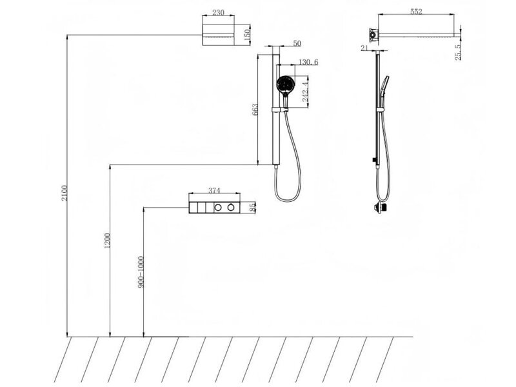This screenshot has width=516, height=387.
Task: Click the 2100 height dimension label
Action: point(64,193)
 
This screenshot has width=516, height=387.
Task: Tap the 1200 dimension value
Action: point(107,241)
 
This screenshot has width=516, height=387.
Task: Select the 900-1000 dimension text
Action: point(141,272)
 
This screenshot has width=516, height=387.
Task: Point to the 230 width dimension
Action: point(218,12)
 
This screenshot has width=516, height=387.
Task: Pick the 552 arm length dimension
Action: point(416,12)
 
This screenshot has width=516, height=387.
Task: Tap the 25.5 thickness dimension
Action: point(458,53)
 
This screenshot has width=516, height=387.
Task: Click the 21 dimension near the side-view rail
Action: point(364,48)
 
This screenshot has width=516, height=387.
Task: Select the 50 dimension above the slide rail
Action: point(297,43)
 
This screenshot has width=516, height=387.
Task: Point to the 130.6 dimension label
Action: point(308,62)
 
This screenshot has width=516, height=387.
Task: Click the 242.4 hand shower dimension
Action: point(305,92)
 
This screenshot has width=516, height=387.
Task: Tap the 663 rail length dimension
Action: point(255,110)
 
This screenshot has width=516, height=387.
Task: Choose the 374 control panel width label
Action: point(214,190)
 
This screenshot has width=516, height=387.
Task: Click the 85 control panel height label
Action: point(252,207)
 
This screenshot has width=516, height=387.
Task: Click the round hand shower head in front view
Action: point(284,84)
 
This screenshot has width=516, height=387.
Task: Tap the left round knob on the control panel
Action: point(218,207)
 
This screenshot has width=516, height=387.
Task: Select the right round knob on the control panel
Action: point(231,207)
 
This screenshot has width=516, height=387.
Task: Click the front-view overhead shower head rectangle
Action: point(218,35)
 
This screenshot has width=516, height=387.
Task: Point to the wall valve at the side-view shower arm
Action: point(373,34)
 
